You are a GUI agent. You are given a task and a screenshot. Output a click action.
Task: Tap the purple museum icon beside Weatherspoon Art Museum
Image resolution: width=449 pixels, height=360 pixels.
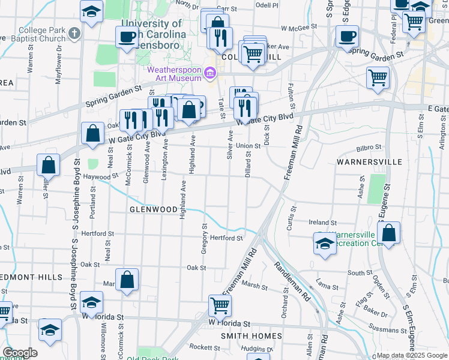(209, 74)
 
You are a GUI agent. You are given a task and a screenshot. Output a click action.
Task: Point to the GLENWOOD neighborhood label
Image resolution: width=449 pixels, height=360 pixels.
(153, 209)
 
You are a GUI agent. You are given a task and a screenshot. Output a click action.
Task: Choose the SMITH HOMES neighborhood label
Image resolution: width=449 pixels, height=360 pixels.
(251, 336)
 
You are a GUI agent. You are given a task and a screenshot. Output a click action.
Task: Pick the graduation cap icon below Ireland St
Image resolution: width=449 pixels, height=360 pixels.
(325, 244)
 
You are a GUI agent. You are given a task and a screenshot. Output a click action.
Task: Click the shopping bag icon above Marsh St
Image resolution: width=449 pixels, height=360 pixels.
(127, 279)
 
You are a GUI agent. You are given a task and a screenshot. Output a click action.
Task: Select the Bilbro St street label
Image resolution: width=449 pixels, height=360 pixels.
(369, 147)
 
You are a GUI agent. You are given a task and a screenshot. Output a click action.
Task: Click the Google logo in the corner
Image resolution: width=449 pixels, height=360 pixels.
(20, 353)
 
